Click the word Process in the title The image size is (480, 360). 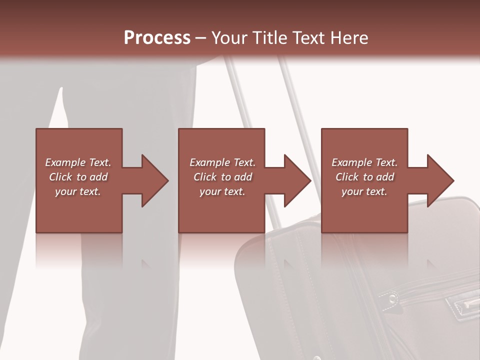pyautogui.click(x=157, y=38)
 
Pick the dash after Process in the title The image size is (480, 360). pyautogui.click(x=201, y=38)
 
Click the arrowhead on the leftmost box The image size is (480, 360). pyautogui.click(x=154, y=180)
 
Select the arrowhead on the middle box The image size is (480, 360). pyautogui.click(x=297, y=180)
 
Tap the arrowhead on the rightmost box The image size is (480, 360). pyautogui.click(x=440, y=180)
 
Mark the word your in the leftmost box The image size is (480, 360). pyautogui.click(x=65, y=191)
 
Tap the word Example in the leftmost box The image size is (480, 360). pyautogui.click(x=64, y=162)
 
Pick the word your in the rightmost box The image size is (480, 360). pyautogui.click(x=352, y=191)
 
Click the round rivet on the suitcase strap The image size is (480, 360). pyautogui.click(x=393, y=298)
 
